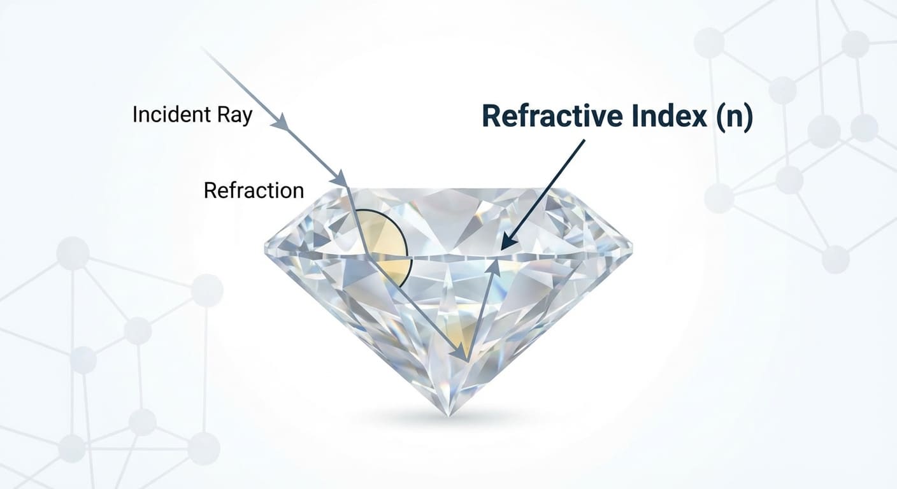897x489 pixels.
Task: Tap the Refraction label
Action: click(x=254, y=190)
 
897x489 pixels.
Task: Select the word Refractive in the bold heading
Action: click(x=552, y=116)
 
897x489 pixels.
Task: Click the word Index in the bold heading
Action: click(x=668, y=116)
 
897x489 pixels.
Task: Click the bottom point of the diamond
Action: click(x=449, y=416)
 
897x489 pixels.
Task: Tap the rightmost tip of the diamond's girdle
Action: click(x=633, y=245)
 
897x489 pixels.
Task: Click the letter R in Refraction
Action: click(x=210, y=190)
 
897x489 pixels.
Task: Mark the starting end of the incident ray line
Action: click(x=203, y=49)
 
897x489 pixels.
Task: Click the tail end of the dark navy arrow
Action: click(x=585, y=140)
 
